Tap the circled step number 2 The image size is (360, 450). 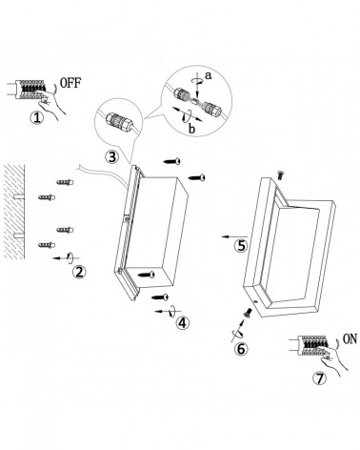pyautogui.click(x=80, y=273)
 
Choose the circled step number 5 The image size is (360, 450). pyautogui.click(x=242, y=246)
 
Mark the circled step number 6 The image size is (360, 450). pyautogui.click(x=241, y=349)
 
